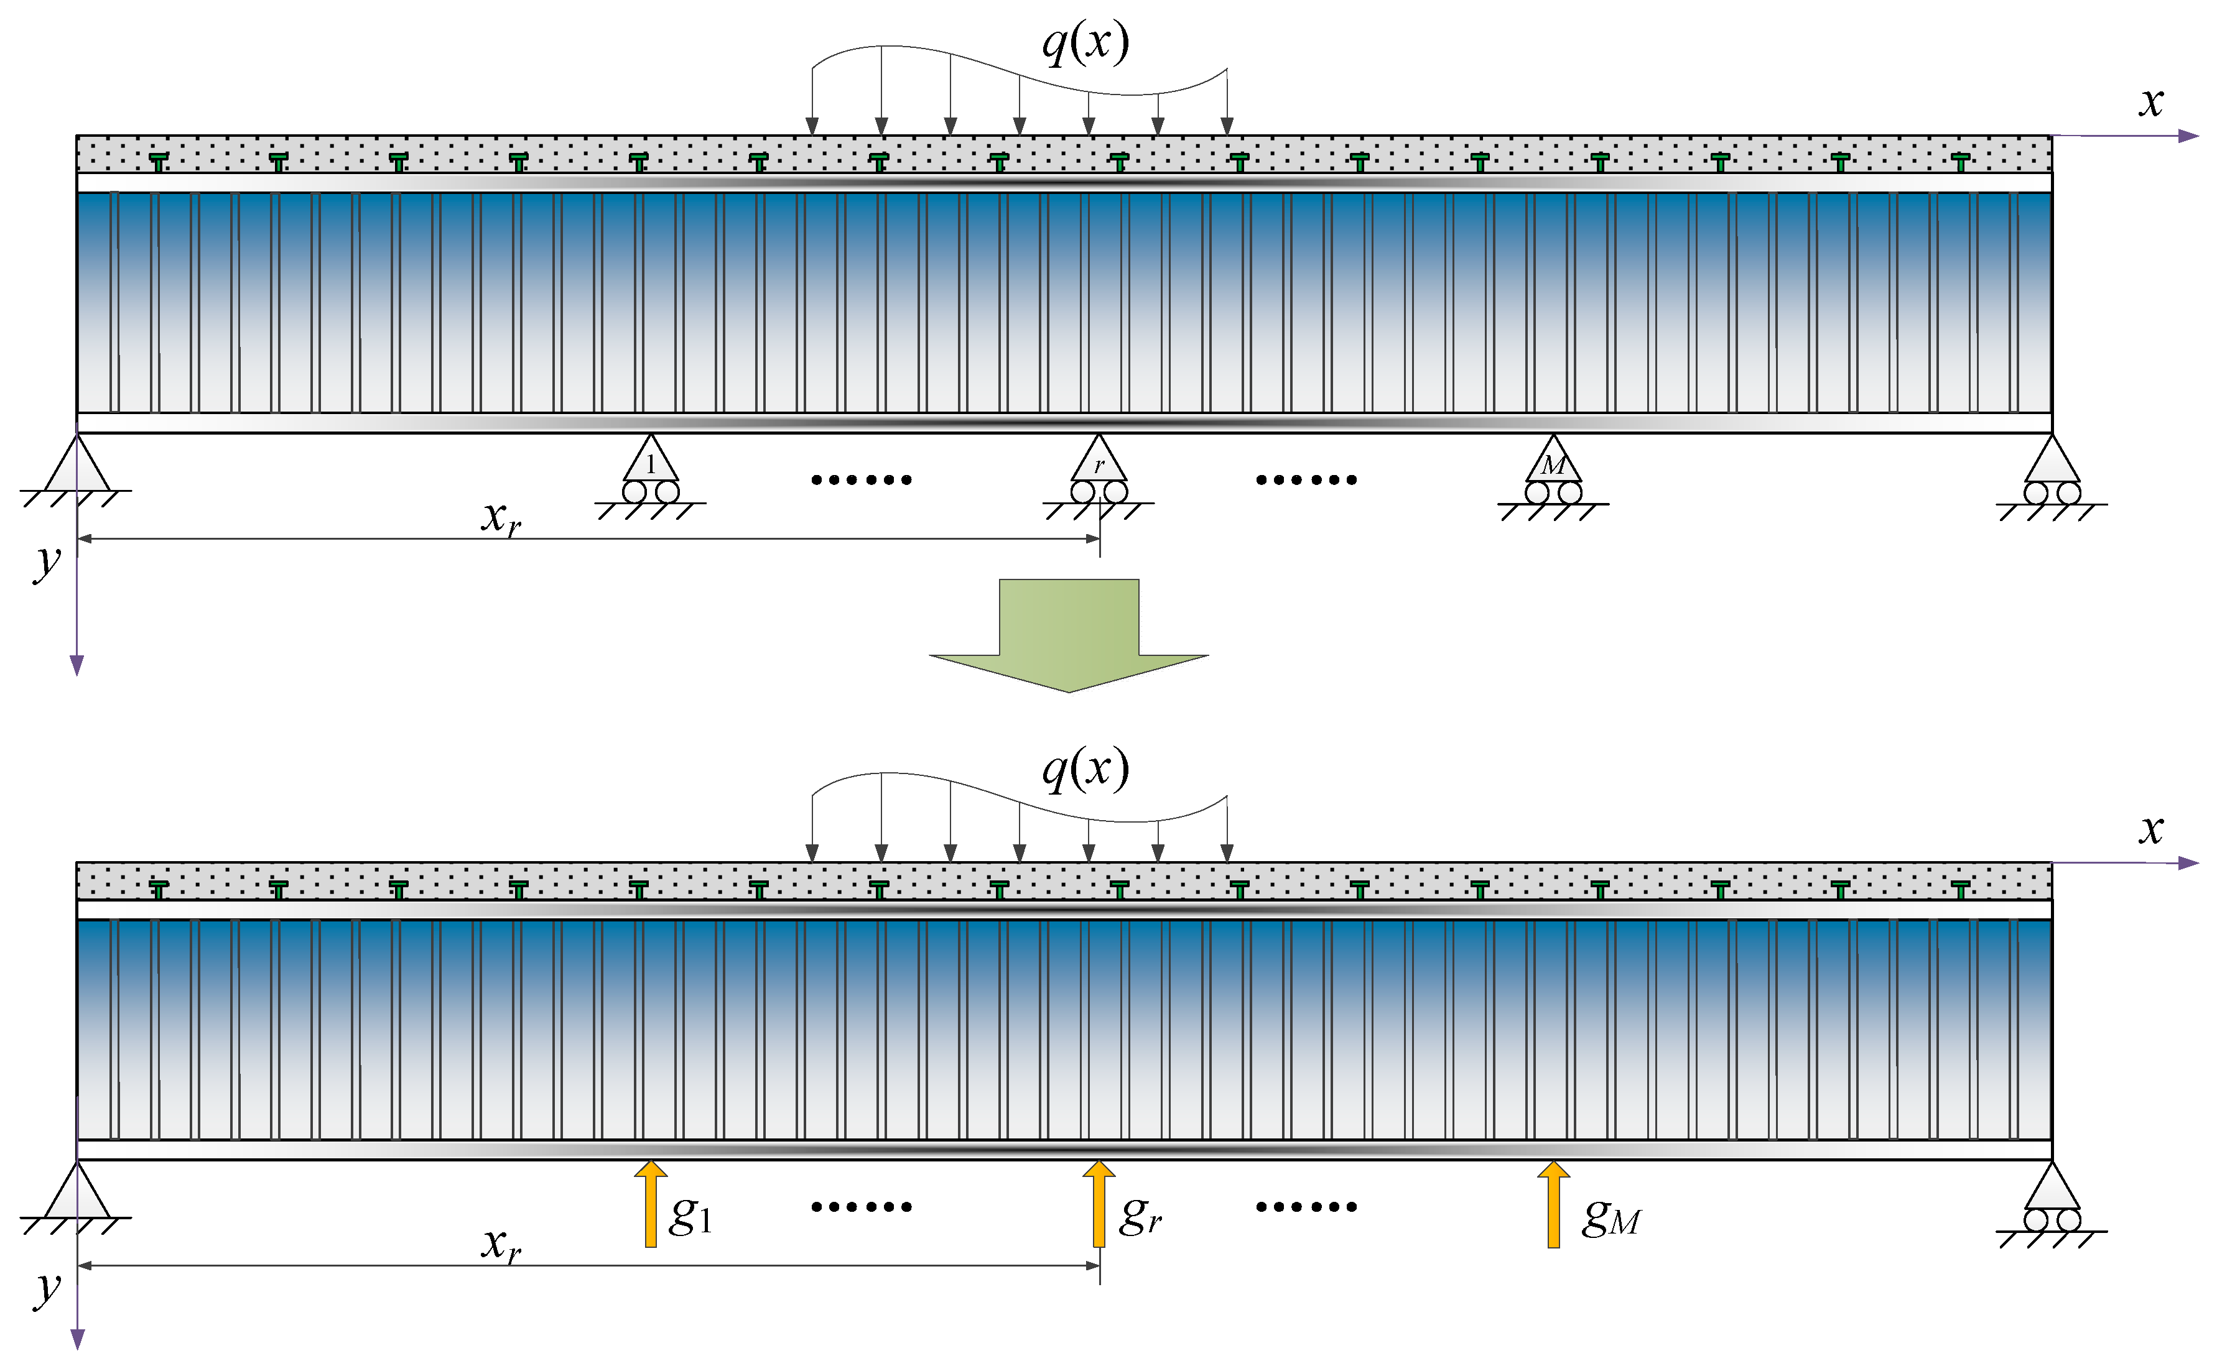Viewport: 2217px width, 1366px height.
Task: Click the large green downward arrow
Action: click(x=1069, y=632)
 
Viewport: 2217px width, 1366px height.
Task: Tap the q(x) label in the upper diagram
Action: click(x=1085, y=42)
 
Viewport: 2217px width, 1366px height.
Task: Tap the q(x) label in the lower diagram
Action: click(x=1085, y=770)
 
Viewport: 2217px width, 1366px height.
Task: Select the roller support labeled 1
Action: click(x=651, y=477)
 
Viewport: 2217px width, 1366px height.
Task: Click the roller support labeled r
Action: click(x=1099, y=477)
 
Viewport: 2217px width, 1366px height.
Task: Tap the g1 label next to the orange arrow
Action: click(x=691, y=1215)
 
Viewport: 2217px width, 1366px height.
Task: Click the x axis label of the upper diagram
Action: click(x=2152, y=101)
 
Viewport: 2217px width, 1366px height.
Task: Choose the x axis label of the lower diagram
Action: click(x=2152, y=828)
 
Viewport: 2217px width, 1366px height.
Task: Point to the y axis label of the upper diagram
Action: click(x=47, y=563)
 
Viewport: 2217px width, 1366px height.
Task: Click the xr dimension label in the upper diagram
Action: click(x=501, y=519)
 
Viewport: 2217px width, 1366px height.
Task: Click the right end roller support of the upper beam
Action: click(x=2053, y=477)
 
